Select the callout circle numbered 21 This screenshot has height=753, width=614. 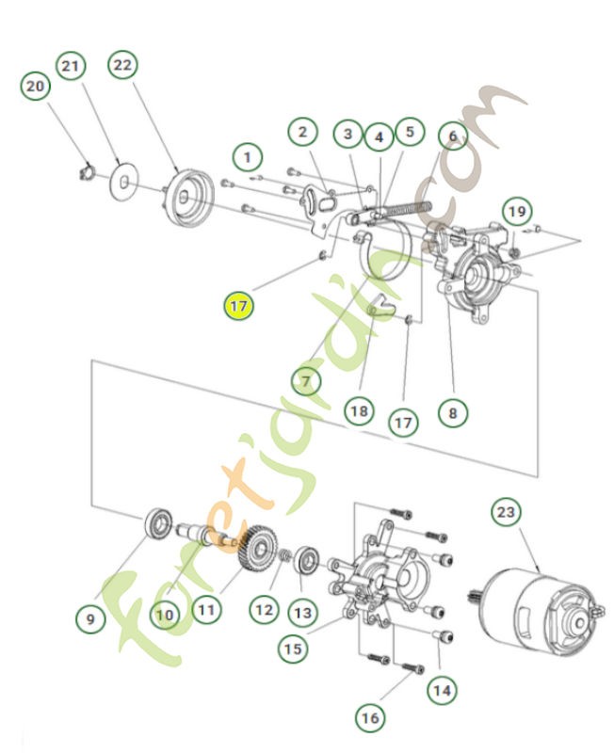72,66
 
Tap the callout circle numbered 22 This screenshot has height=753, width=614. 123,65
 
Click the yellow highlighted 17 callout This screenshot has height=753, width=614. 239,306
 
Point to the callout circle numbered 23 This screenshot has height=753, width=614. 506,513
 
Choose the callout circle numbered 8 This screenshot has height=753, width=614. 452,411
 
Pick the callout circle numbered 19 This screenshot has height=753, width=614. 515,211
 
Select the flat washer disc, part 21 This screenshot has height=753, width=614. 122,180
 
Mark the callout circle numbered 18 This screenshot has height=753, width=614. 358,411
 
